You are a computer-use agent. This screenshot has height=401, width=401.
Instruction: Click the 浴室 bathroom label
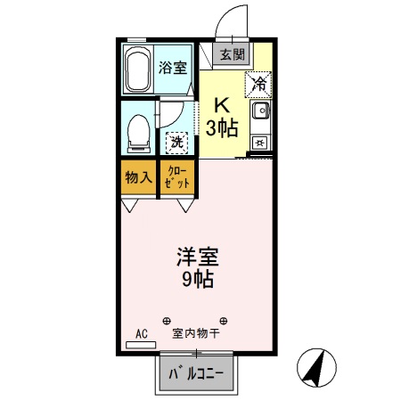point(173,68)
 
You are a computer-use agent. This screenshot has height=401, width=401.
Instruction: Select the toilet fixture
point(139,132)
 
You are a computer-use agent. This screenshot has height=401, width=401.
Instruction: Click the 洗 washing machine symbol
point(177,141)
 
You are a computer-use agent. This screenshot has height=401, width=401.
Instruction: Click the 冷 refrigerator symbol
point(259,85)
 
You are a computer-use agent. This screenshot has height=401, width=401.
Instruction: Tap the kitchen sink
point(261,113)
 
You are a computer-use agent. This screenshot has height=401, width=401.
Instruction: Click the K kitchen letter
point(222,103)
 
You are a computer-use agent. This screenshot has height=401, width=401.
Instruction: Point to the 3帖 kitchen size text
point(222,127)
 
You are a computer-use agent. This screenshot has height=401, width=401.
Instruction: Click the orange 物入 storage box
point(137,176)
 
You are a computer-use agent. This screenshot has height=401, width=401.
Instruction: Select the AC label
point(140,334)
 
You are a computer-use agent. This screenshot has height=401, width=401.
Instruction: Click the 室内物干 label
point(196,334)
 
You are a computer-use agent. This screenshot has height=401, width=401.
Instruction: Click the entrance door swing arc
point(229,20)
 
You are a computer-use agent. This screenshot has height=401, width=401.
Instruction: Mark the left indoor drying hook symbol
point(166,320)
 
